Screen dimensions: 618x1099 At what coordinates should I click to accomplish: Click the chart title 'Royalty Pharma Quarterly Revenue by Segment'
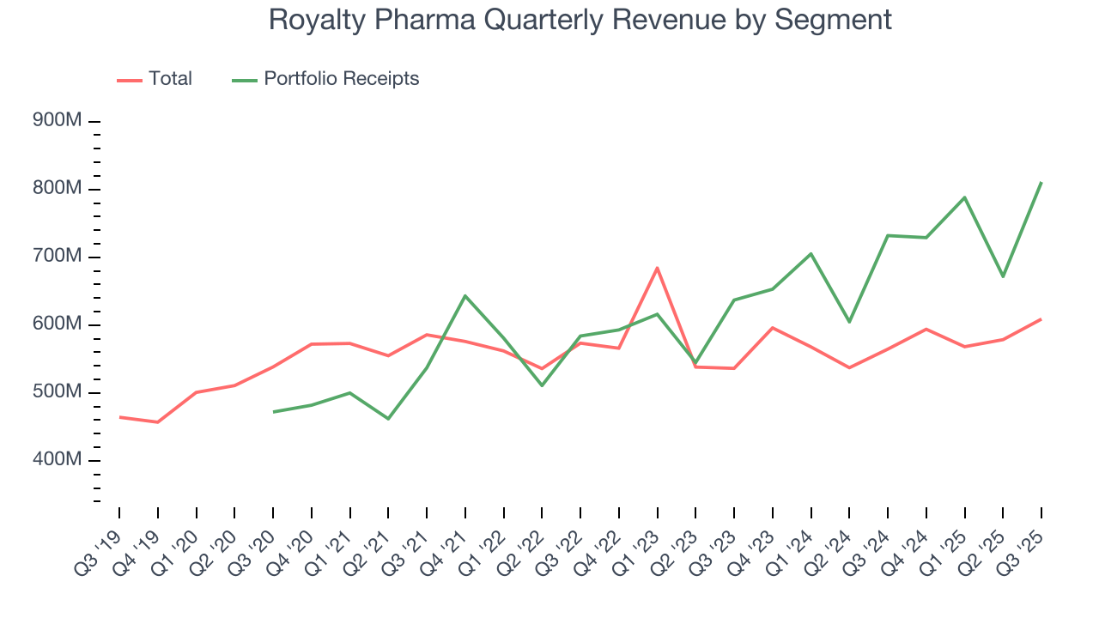tap(580, 19)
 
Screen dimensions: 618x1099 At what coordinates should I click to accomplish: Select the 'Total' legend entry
tap(155, 79)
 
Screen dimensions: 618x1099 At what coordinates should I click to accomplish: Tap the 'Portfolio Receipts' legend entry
tap(326, 79)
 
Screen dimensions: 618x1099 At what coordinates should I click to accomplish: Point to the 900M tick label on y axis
tap(57, 121)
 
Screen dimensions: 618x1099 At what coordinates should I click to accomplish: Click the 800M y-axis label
tap(57, 189)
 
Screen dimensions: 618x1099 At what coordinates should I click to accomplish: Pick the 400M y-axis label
tap(57, 460)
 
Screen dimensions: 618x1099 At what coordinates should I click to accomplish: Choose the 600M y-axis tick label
tap(57, 324)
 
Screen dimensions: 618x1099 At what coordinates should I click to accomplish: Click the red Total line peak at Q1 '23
tap(657, 268)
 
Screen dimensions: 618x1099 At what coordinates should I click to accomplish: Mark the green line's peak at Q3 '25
tap(1041, 182)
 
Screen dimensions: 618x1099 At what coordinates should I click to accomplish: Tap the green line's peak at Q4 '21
tap(464, 296)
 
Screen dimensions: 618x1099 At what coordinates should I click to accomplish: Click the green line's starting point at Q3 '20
tap(273, 412)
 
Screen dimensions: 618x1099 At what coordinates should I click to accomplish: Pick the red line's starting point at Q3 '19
tap(119, 417)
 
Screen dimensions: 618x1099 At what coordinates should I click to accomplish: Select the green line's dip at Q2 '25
tap(1002, 276)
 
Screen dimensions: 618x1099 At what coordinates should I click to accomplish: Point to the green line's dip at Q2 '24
tap(848, 322)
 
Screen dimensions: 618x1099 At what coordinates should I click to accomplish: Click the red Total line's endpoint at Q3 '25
tap(1041, 319)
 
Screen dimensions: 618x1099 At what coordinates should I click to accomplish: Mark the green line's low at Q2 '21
tap(388, 419)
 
